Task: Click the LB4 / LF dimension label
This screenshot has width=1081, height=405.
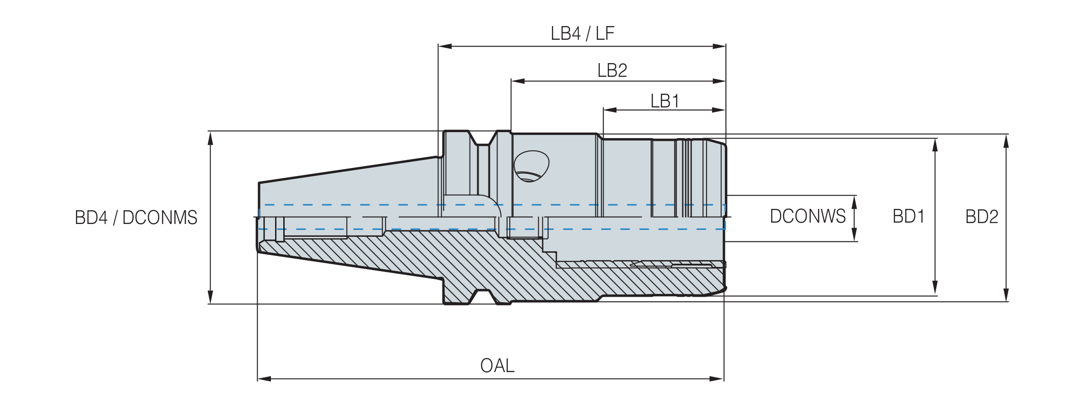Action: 582,33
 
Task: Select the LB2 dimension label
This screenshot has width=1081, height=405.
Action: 612,70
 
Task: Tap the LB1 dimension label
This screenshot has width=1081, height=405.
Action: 665,101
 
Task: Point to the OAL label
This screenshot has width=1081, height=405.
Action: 497,366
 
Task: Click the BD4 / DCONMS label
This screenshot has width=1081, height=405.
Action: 136,218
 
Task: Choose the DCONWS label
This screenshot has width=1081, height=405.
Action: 808,216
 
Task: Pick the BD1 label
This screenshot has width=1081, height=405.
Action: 908,216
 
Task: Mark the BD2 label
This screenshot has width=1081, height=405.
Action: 982,217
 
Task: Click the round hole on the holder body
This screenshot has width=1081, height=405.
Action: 531,166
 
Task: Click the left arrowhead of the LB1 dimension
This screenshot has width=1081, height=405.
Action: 610,110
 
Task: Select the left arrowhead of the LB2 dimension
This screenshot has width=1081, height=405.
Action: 518,81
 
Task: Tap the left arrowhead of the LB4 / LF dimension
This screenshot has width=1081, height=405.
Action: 445,46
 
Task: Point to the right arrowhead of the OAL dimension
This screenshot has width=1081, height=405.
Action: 717,379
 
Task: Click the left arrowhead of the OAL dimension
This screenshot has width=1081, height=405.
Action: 265,379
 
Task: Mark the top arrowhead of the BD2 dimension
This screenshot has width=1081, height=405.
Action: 1006,141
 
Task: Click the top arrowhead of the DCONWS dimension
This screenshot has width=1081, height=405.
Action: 854,202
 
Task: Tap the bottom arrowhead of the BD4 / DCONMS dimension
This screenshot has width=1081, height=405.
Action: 211,297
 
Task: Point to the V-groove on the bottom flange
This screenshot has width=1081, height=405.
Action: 483,297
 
